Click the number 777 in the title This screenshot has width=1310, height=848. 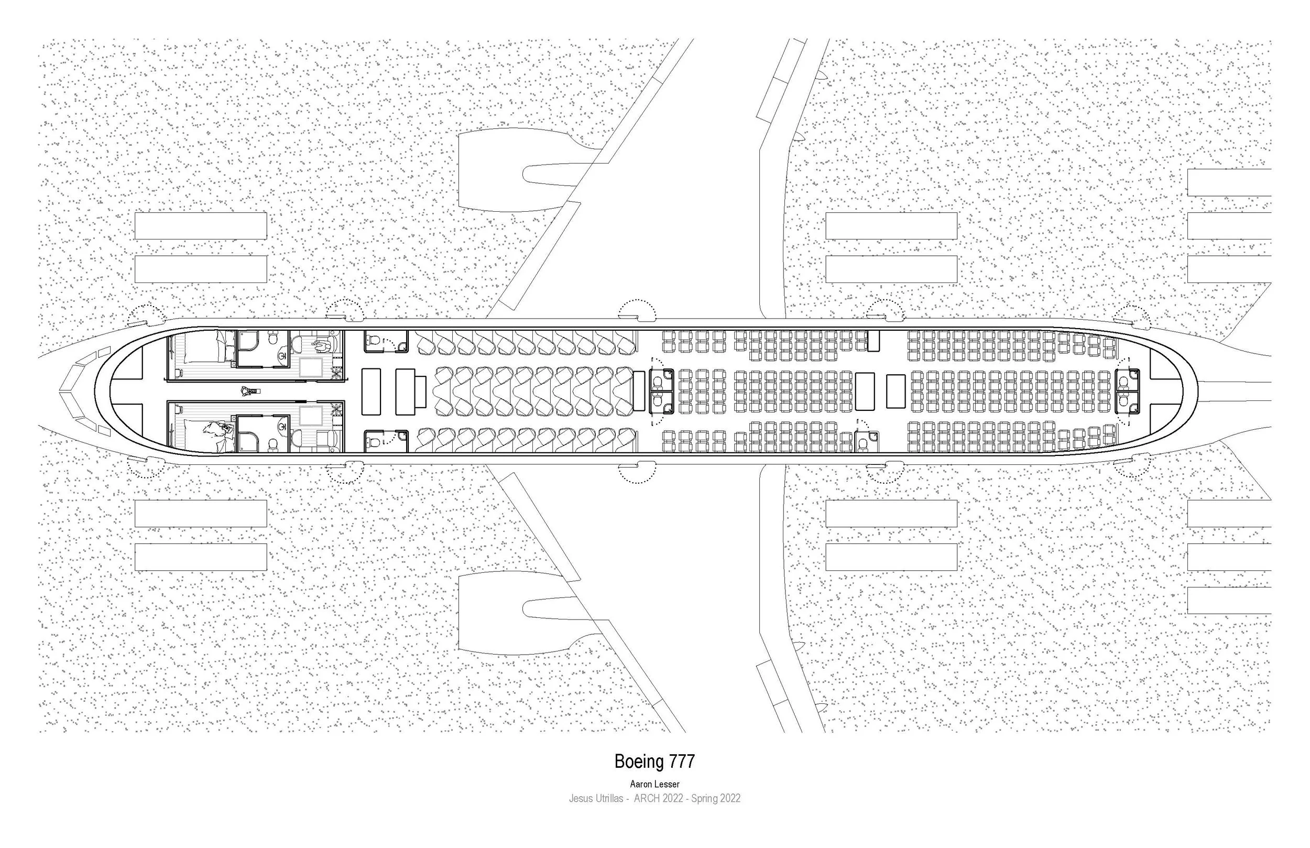[682, 762]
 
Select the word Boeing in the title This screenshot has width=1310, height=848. [639, 762]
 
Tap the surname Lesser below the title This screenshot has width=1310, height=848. [667, 784]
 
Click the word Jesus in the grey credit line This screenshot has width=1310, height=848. [581, 798]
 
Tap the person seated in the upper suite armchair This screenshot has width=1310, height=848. [321, 345]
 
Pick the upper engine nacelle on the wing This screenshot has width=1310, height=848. [512, 170]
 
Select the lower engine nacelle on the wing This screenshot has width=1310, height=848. [512, 612]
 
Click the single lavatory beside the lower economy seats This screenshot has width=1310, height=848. [867, 441]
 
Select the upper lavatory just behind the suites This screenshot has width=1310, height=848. [386, 341]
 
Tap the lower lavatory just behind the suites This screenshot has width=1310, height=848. [386, 441]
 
